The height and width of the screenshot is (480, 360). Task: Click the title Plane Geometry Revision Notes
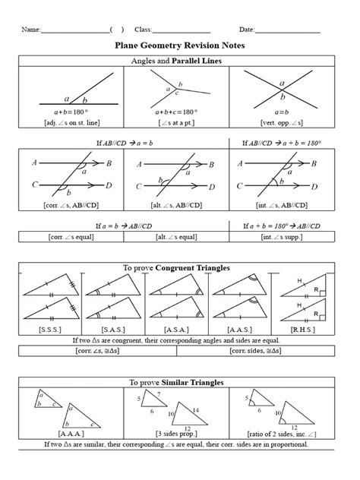point(180,46)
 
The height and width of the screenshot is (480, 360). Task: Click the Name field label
point(30,29)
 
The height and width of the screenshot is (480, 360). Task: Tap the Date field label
point(246,29)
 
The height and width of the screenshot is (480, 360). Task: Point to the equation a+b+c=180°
point(180,112)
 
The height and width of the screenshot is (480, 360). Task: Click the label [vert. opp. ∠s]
point(282,122)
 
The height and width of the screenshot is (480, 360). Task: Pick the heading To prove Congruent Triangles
point(180,267)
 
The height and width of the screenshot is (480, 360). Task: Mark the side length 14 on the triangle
point(195,410)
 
